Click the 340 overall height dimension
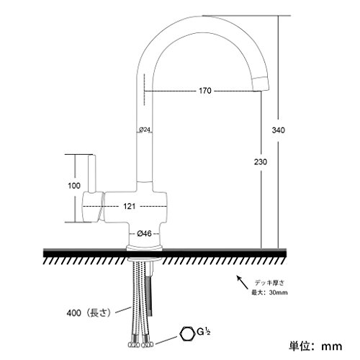point(279,130)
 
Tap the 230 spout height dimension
point(261,162)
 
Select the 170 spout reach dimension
point(205,91)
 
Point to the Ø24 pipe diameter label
point(145,130)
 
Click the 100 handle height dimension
point(74,186)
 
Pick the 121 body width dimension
point(130,206)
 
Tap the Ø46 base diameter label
point(145,233)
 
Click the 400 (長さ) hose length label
point(89,312)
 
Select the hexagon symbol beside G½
point(187,335)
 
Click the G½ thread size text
point(204,332)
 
